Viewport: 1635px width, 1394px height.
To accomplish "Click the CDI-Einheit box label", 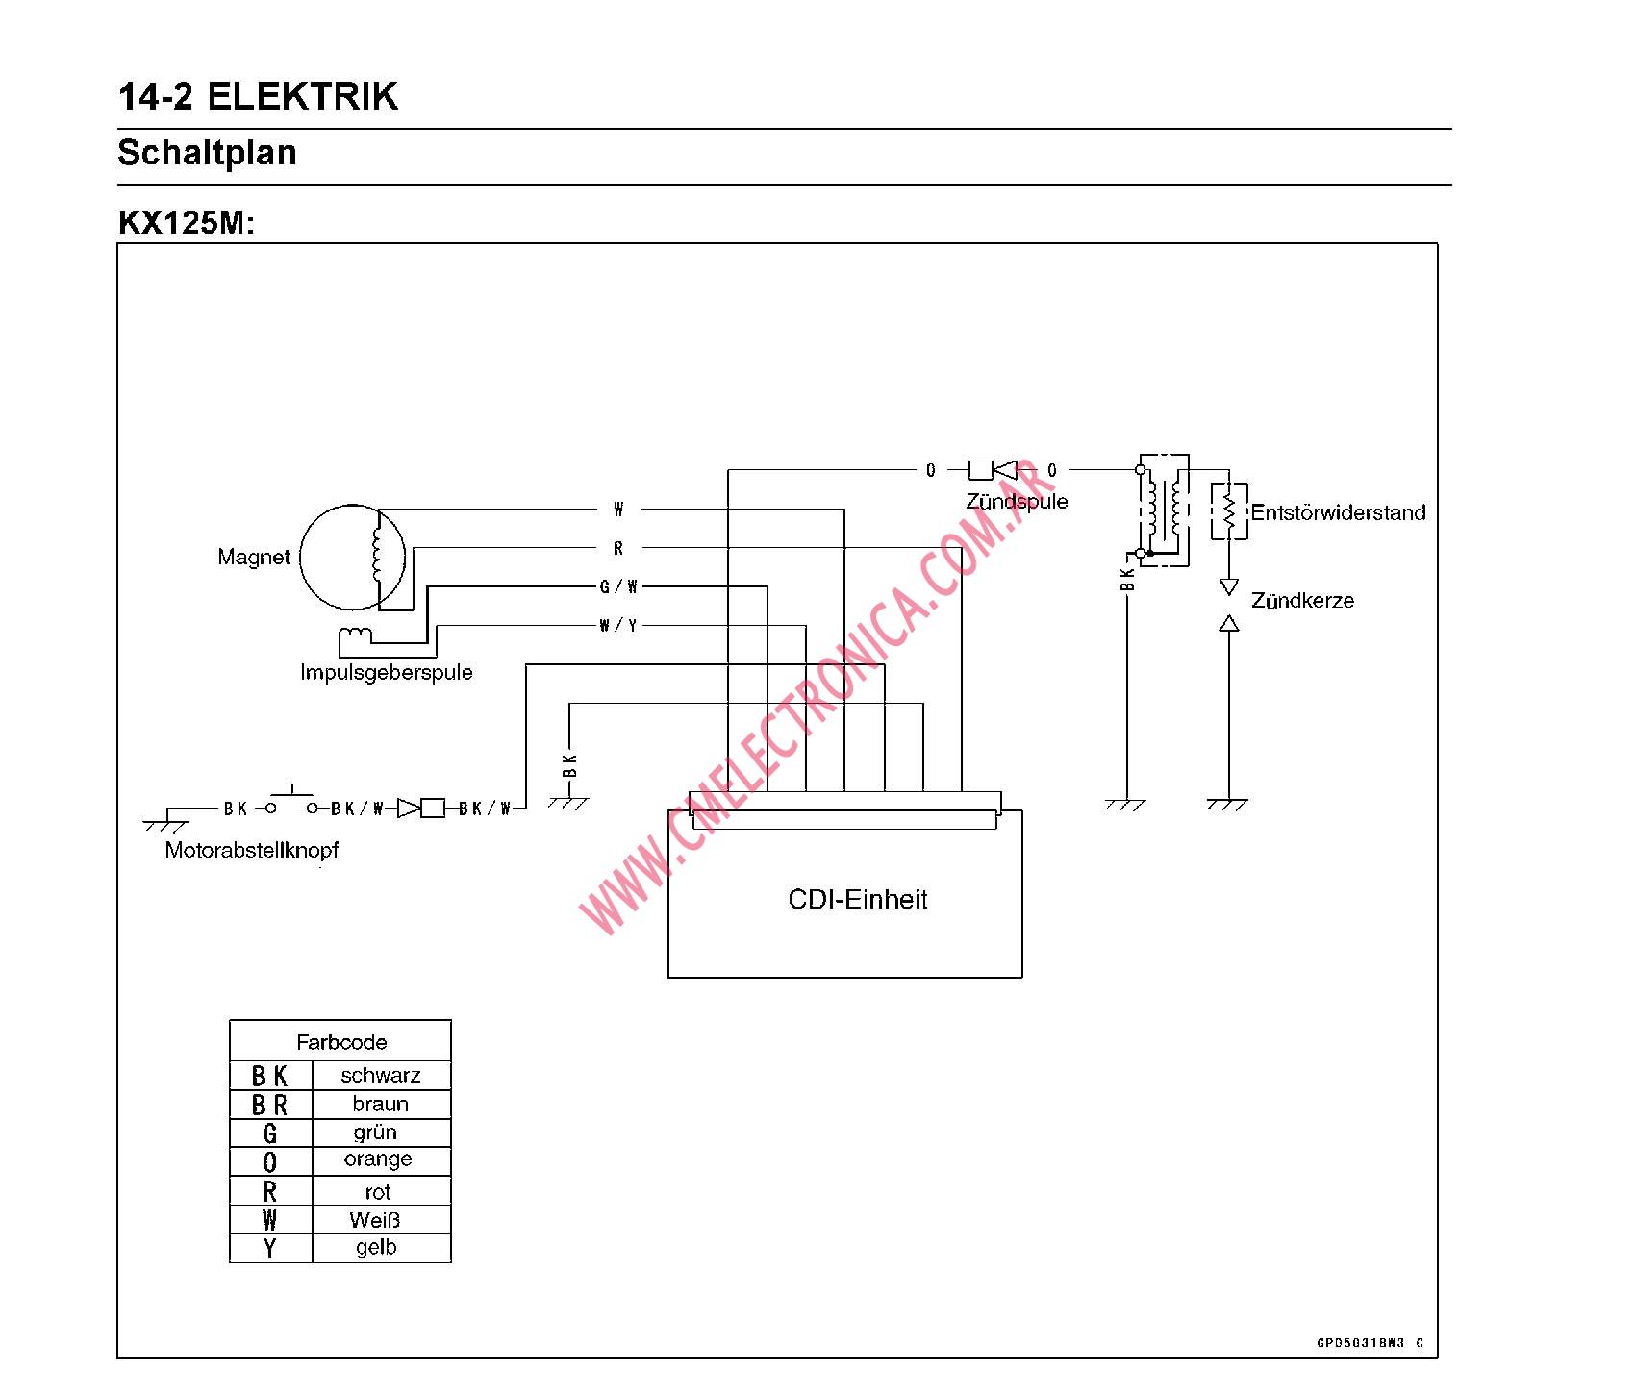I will tap(857, 900).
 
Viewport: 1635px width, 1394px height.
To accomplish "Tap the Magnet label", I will tap(254, 557).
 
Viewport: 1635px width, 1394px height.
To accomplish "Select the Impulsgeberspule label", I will tap(387, 672).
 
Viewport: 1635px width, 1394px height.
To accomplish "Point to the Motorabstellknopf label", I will tap(252, 850).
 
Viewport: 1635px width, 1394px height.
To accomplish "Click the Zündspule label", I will tap(1017, 501).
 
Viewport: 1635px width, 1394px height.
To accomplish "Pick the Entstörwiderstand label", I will tap(1338, 512).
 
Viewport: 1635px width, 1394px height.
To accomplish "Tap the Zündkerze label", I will tap(1302, 601).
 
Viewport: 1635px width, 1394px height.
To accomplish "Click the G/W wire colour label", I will tap(618, 586).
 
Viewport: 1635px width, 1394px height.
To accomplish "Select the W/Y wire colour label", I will tap(617, 626).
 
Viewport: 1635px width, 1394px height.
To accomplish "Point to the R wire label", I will tap(618, 548).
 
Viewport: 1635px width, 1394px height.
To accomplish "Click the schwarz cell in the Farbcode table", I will tap(381, 1075).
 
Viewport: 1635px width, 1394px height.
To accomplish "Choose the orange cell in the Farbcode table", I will tap(378, 1159).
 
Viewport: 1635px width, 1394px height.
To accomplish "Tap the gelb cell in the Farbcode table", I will tap(376, 1247).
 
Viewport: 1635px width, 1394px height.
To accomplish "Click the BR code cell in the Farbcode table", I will tap(269, 1105).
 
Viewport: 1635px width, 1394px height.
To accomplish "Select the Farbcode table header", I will tap(341, 1042).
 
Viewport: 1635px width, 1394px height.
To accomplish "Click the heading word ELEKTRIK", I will tap(302, 97).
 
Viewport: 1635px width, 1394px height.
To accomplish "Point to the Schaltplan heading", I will tap(207, 153).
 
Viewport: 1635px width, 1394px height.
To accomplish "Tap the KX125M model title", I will tap(187, 223).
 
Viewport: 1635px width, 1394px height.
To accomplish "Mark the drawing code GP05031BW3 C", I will tap(1370, 1343).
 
